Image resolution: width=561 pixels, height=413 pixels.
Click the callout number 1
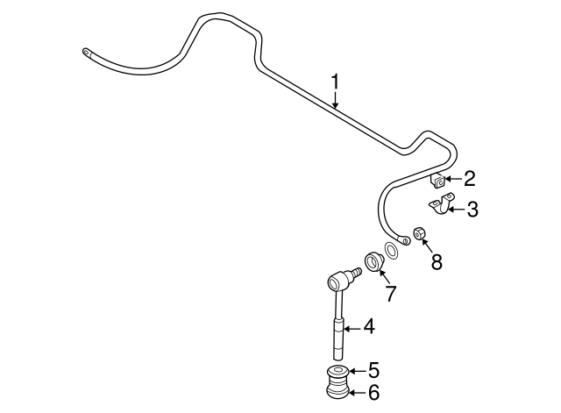click(335, 82)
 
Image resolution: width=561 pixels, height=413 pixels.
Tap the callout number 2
click(469, 179)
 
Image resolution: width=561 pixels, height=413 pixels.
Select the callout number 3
click(472, 210)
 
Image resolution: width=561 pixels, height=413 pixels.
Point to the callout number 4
click(369, 327)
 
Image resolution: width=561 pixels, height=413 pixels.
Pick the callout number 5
click(373, 370)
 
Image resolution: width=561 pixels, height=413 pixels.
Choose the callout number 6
click(373, 393)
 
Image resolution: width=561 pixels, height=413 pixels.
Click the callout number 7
click(390, 294)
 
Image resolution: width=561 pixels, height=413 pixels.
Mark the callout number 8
click(437, 261)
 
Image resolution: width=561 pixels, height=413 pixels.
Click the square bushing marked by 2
click(437, 182)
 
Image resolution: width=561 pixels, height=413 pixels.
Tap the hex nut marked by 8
click(419, 233)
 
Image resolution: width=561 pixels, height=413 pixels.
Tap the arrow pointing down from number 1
click(335, 99)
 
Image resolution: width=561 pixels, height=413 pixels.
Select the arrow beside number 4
click(353, 327)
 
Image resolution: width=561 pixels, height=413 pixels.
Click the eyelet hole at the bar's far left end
click(86, 52)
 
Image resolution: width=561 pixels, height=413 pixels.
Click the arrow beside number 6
click(357, 393)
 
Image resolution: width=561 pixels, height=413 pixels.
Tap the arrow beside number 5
click(357, 372)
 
